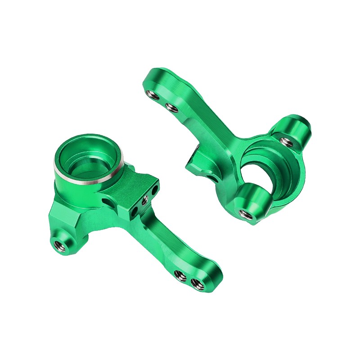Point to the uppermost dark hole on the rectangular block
pyautogui.click(x=154, y=191)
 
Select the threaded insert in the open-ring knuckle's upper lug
pyautogui.click(x=287, y=142)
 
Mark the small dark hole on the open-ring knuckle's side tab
pyautogui.click(x=211, y=177)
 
